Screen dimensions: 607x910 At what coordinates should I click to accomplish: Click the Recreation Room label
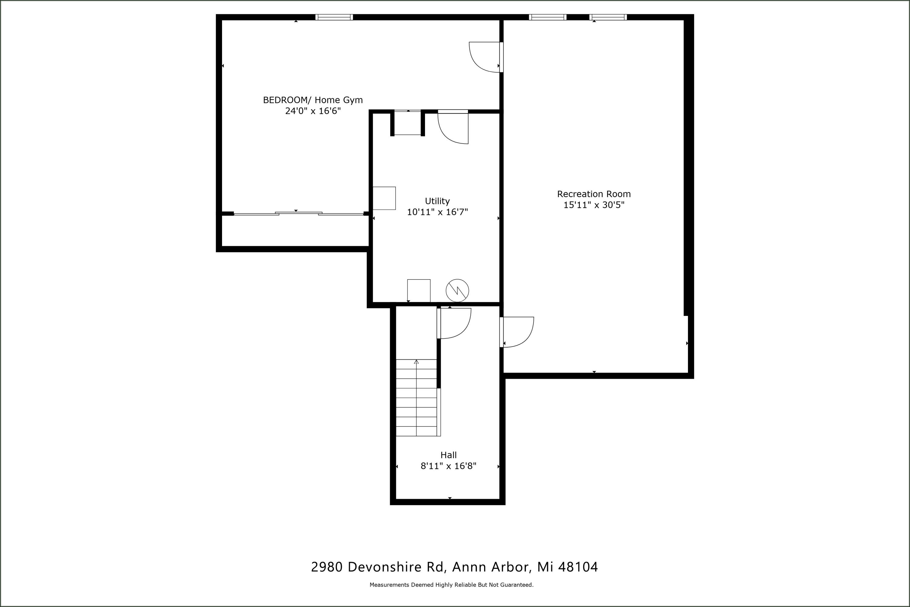pos(594,194)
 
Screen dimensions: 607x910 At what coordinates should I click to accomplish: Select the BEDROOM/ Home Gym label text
pos(313,100)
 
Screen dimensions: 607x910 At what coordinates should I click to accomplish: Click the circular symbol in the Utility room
pos(457,290)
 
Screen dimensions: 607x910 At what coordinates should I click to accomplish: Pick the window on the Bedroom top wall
pos(334,17)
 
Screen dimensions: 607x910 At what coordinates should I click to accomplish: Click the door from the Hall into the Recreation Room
pos(518,332)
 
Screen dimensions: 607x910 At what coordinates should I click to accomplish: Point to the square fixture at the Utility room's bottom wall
pos(419,290)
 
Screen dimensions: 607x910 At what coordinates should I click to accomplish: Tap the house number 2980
pos(327,567)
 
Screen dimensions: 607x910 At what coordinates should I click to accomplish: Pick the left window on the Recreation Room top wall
pos(548,17)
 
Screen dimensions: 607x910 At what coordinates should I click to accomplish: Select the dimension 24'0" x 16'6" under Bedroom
pos(313,111)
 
